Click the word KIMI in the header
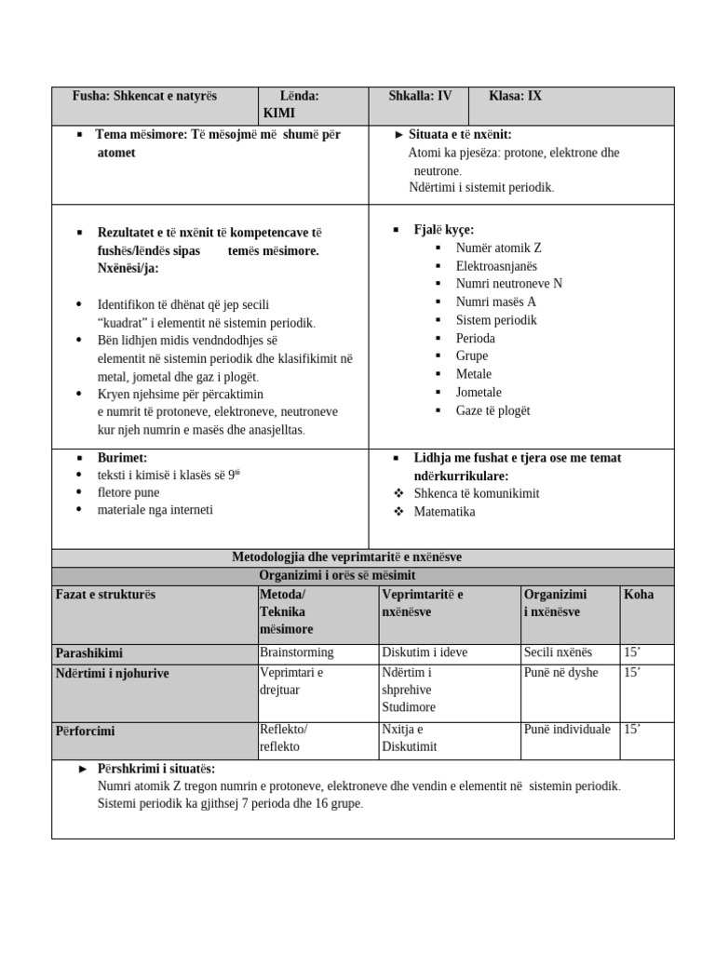pyautogui.click(x=279, y=113)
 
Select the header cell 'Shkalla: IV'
pyautogui.click(x=421, y=96)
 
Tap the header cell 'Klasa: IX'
pyautogui.click(x=515, y=96)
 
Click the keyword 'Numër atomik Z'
pyautogui.click(x=498, y=248)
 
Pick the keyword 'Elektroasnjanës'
pyautogui.click(x=496, y=266)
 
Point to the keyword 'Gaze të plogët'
pyautogui.click(x=492, y=410)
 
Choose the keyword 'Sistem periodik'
pyautogui.click(x=496, y=320)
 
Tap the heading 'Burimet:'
pyautogui.click(x=122, y=458)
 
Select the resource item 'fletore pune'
pyautogui.click(x=128, y=492)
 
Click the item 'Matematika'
pyautogui.click(x=444, y=512)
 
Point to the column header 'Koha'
pyautogui.click(x=639, y=595)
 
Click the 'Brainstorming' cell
pyautogui.click(x=296, y=652)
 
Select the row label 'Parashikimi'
pyautogui.click(x=88, y=653)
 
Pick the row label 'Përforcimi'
pyautogui.click(x=85, y=732)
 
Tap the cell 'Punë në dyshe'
pyautogui.click(x=561, y=673)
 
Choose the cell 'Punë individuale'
pyautogui.click(x=567, y=730)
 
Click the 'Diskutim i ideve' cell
pyautogui.click(x=425, y=652)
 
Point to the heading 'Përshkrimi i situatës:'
pyautogui.click(x=155, y=769)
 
